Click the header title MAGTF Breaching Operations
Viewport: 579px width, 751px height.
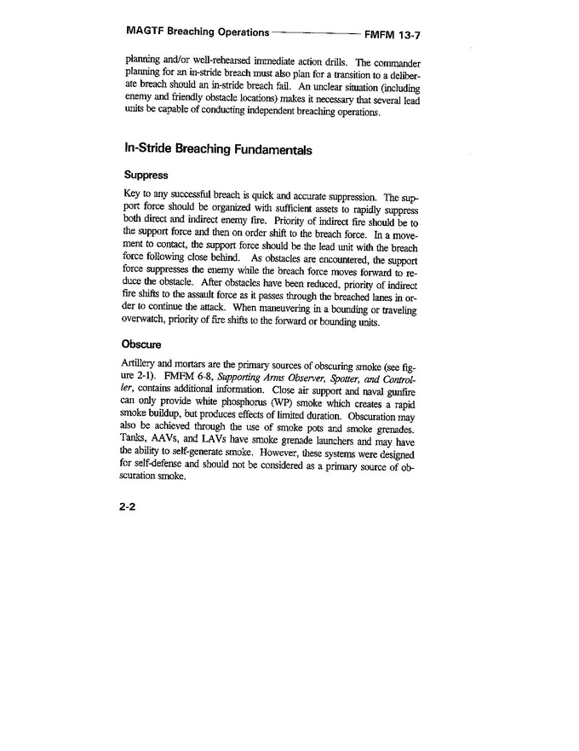pos(194,33)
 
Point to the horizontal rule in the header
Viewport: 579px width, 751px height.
pos(315,34)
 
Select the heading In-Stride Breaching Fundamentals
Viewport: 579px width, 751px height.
pos(218,149)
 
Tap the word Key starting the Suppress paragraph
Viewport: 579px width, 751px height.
pos(133,197)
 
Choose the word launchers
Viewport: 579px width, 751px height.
pos(345,441)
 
